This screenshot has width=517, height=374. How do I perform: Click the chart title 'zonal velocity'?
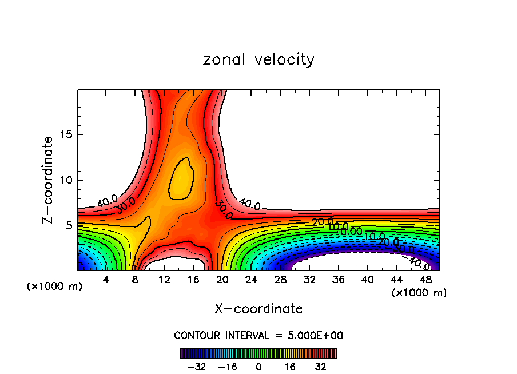pyautogui.click(x=258, y=59)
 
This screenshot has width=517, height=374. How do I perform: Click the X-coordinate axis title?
pyautogui.click(x=258, y=309)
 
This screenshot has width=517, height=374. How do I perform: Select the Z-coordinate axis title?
pyautogui.click(x=49, y=180)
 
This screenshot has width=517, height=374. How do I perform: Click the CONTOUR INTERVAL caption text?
pyautogui.click(x=258, y=335)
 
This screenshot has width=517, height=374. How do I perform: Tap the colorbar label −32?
pyautogui.click(x=196, y=367)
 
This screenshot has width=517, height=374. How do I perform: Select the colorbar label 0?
pyautogui.click(x=258, y=367)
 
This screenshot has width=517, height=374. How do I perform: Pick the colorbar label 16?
pyautogui.click(x=289, y=367)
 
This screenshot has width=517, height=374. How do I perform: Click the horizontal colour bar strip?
pyautogui.click(x=258, y=353)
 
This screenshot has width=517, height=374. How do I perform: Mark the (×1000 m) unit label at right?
pyautogui.click(x=419, y=293)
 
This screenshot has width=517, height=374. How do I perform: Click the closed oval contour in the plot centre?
pyautogui.click(x=181, y=178)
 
